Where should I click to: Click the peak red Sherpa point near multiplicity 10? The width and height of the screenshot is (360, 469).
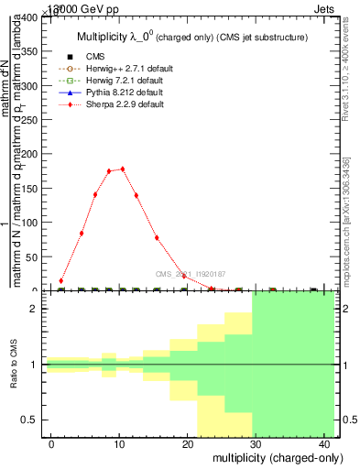122,169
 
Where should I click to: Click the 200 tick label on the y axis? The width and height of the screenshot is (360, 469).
33,154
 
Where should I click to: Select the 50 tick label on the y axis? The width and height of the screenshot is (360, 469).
36,256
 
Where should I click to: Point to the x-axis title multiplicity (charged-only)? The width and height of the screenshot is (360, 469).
264,456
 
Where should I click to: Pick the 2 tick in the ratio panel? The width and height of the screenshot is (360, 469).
38,309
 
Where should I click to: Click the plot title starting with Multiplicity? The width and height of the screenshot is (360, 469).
189,37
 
